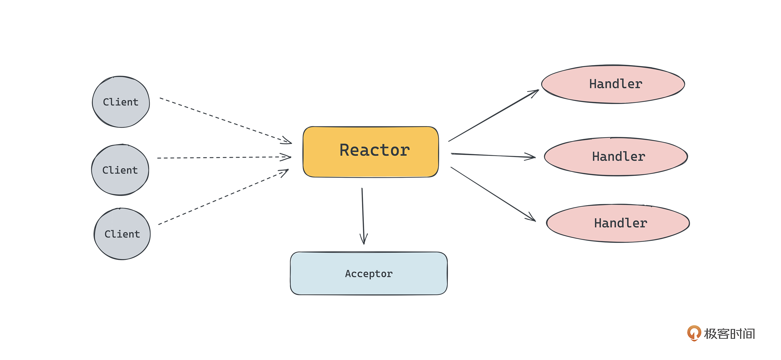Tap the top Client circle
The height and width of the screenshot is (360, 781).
(x=121, y=102)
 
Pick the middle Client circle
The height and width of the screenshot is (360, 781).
(x=120, y=170)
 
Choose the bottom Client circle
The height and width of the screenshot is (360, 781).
(x=122, y=234)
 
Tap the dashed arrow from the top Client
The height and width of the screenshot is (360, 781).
(x=224, y=120)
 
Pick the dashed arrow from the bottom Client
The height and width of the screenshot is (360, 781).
(x=223, y=197)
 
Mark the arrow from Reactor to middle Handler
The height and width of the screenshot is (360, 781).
(x=493, y=156)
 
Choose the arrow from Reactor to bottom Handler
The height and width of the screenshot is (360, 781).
(x=493, y=194)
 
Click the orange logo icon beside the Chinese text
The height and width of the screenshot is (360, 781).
(x=694, y=333)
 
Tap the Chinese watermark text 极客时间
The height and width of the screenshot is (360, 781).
(x=729, y=334)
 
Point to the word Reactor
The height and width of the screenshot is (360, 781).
(x=375, y=150)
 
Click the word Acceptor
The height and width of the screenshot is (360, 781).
(x=369, y=274)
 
